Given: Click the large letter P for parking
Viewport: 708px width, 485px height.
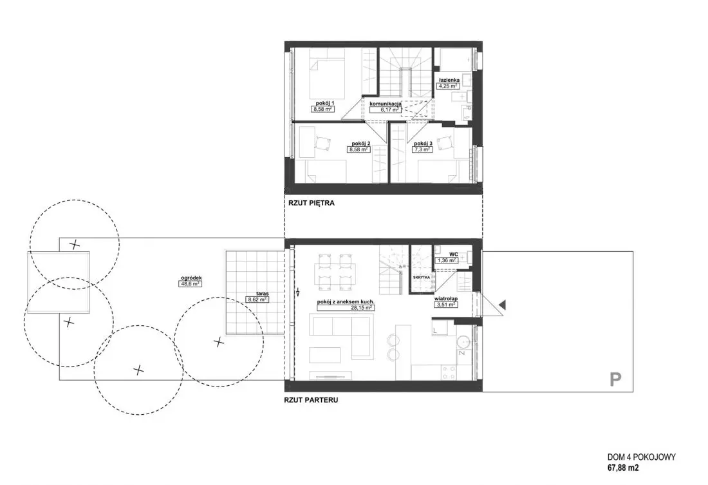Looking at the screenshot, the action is coord(615,379).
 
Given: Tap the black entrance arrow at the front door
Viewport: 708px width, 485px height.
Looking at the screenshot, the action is coord(502,305).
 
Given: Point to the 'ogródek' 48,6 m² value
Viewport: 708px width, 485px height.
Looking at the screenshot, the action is coord(190,284).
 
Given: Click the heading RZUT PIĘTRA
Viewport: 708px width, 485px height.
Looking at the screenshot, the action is coord(312,204).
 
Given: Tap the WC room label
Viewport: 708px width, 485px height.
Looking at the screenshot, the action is coord(453,254).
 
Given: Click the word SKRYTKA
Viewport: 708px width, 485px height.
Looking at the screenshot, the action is coord(421,276).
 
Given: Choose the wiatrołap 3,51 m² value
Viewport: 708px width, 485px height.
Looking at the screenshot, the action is coord(446,305).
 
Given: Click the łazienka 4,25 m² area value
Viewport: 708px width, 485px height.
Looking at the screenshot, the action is coord(447,86).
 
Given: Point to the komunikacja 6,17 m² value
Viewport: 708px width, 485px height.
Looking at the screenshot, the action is coord(386,109).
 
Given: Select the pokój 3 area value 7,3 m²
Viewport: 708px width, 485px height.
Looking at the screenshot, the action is coord(423,149).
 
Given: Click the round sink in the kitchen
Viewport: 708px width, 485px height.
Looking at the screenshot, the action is coord(463,342).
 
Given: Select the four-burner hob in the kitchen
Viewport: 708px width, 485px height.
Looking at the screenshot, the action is coord(449,372).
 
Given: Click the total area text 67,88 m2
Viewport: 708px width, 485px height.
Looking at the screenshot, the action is coord(622,468).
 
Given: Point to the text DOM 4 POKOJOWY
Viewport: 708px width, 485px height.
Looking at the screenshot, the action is coord(641,457).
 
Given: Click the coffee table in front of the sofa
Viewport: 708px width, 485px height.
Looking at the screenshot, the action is coord(324,354).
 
